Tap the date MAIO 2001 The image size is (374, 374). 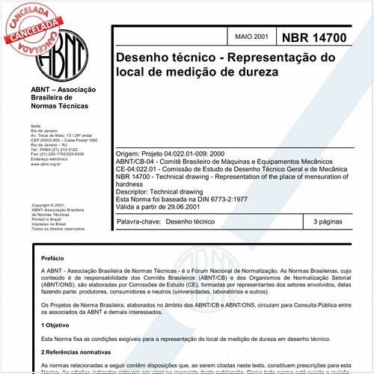pyautogui.click(x=252, y=37)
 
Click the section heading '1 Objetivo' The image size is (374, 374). pyautogui.click(x=55, y=326)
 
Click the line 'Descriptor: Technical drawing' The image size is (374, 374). pyautogui.click(x=165, y=191)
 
